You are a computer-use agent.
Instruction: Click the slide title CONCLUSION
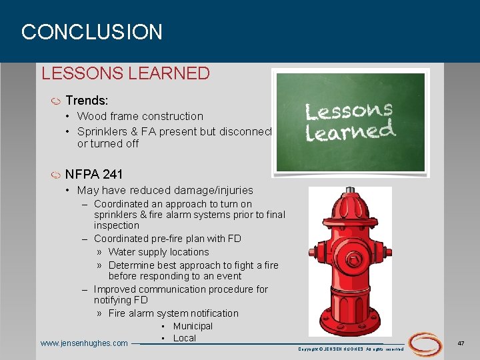(x=92, y=32)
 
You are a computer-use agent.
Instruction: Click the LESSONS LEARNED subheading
(x=125, y=73)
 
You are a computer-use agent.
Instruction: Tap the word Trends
(x=86, y=101)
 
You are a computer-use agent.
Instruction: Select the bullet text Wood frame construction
(x=140, y=116)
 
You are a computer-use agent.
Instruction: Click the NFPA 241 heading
(x=94, y=175)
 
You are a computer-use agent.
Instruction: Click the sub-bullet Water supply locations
(x=159, y=252)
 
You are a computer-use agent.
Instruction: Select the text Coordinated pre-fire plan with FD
(x=167, y=239)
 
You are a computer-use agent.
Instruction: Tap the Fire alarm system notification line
(x=173, y=313)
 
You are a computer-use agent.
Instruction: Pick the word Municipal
(x=193, y=326)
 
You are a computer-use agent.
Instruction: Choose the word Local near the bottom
(x=185, y=338)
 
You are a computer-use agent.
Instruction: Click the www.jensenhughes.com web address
(x=84, y=343)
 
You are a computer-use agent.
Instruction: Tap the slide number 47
(x=461, y=343)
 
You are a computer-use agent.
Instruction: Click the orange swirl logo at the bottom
(x=425, y=343)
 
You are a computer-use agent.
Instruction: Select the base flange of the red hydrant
(x=351, y=323)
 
